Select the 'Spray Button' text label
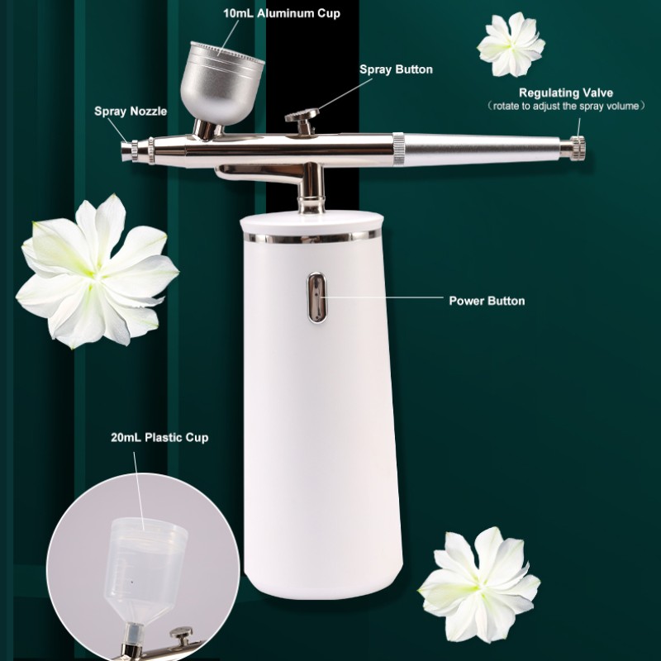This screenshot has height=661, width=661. click(x=396, y=69)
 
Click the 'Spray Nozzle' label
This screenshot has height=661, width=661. click(x=131, y=112)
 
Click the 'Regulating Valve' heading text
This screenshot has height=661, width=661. click(x=566, y=92)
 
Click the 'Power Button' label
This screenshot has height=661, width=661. click(x=486, y=301)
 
